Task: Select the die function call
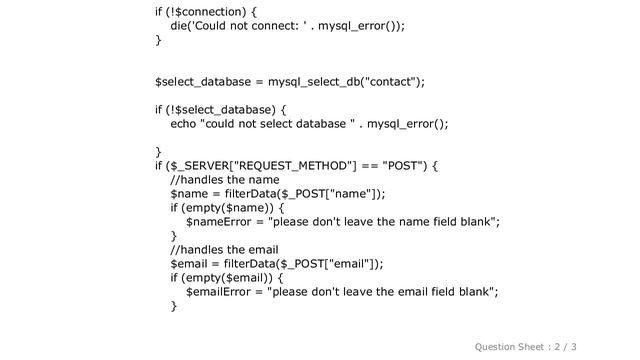[x=180, y=27]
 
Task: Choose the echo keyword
[x=183, y=124]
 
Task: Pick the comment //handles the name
[x=225, y=180]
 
